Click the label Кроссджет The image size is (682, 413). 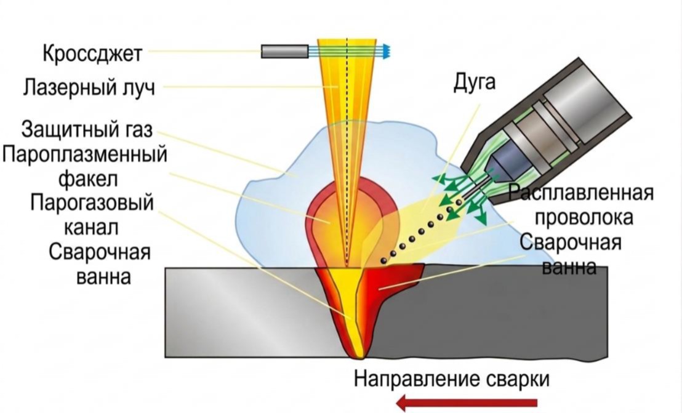pyautogui.click(x=93, y=54)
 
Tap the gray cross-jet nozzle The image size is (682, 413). pyautogui.click(x=285, y=51)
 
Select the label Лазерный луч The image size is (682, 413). pyautogui.click(x=89, y=87)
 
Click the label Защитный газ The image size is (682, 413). pyautogui.click(x=87, y=129)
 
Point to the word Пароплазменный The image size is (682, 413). pyautogui.click(x=84, y=154)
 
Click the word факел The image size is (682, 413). pyautogui.click(x=88, y=178)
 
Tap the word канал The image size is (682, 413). pyautogui.click(x=91, y=227)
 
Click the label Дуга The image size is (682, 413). pyautogui.click(x=475, y=82)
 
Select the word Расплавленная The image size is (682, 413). pyautogui.click(x=581, y=192)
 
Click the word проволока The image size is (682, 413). pyautogui.click(x=584, y=217)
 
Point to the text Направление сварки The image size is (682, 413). pyautogui.click(x=452, y=379)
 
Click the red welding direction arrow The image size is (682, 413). pyautogui.click(x=467, y=403)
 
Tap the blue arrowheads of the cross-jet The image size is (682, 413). pyautogui.click(x=387, y=51)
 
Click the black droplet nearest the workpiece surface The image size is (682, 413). pyautogui.click(x=383, y=261)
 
